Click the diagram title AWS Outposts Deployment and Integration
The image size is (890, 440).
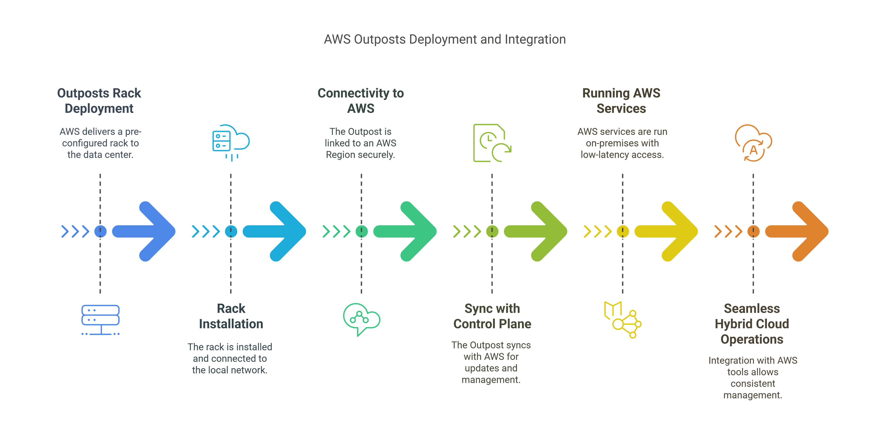(x=445, y=39)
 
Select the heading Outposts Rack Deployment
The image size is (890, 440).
(x=99, y=101)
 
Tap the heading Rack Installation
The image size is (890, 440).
(x=231, y=316)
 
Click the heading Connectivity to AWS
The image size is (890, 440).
(x=361, y=101)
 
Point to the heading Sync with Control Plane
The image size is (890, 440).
(x=492, y=316)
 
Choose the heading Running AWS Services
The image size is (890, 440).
(x=621, y=101)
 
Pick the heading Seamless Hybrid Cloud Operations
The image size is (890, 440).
(x=752, y=324)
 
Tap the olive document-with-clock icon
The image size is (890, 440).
(x=492, y=143)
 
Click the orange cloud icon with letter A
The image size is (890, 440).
(x=753, y=143)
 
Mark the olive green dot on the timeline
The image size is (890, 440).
(x=492, y=231)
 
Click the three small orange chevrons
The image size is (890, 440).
(x=728, y=231)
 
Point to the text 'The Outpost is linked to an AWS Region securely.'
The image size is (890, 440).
(x=360, y=143)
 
